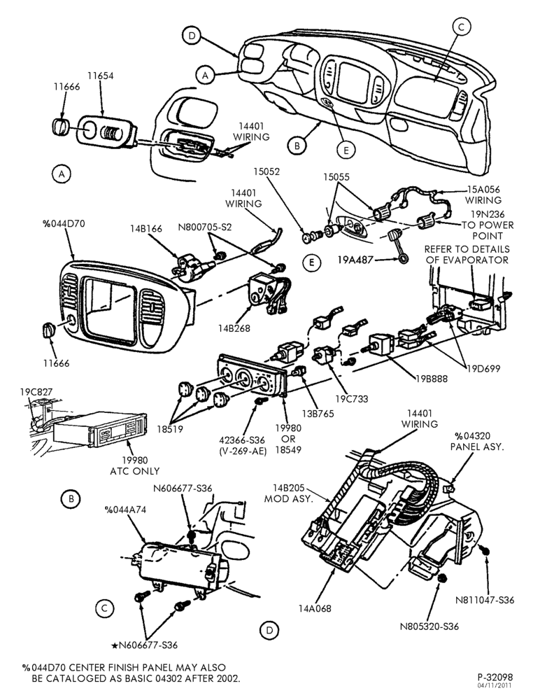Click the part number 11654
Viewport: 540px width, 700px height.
pos(101,76)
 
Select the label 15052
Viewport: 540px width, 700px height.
pos(267,171)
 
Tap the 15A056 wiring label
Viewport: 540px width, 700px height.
pos(483,195)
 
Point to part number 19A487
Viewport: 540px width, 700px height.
pos(355,260)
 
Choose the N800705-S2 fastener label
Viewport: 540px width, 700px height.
pos(205,227)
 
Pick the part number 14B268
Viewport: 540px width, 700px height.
pos(234,328)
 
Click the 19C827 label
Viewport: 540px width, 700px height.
pos(36,392)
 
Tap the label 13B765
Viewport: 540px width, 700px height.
pos(317,414)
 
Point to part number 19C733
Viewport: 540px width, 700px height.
pos(352,399)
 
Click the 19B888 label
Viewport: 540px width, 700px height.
pos(431,379)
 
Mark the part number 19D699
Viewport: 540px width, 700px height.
pos(484,369)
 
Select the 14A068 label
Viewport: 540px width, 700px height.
pos(315,608)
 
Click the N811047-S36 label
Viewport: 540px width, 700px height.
pos(485,600)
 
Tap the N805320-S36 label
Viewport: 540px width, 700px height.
pos(429,626)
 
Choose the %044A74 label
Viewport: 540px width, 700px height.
pos(125,510)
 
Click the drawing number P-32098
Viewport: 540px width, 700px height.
pos(494,677)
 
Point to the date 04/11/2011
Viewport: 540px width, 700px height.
pos(495,685)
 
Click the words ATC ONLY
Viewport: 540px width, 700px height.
pos(135,471)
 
